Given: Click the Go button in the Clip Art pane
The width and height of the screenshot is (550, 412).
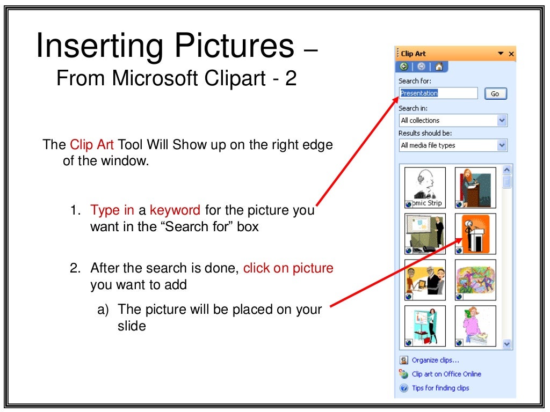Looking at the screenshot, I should pyautogui.click(x=495, y=94).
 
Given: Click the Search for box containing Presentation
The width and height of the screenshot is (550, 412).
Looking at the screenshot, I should pyautogui.click(x=438, y=93).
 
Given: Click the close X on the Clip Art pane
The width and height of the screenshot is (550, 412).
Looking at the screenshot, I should pyautogui.click(x=511, y=54).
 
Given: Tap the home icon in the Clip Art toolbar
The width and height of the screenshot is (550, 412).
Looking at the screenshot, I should pyautogui.click(x=439, y=67).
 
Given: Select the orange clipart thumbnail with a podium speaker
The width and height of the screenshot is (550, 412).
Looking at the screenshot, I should pyautogui.click(x=475, y=234).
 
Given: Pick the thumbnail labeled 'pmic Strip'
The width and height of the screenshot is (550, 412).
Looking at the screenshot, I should pyautogui.click(x=425, y=188).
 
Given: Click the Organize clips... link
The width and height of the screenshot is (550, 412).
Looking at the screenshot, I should pyautogui.click(x=435, y=360).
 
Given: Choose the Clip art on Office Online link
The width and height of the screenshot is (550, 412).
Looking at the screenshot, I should pyautogui.click(x=446, y=374).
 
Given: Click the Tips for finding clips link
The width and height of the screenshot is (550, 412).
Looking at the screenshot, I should pyautogui.click(x=440, y=388).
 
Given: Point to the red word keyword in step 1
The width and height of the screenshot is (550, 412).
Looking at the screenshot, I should pyautogui.click(x=175, y=210).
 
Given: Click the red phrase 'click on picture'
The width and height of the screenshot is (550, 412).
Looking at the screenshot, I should pyautogui.click(x=288, y=268).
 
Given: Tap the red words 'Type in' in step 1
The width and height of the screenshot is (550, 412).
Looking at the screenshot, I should pyautogui.click(x=113, y=210).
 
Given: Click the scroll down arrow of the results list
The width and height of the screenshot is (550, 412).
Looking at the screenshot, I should pyautogui.click(x=507, y=344).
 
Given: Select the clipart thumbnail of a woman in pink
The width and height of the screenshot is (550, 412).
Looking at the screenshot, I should pyautogui.click(x=475, y=326).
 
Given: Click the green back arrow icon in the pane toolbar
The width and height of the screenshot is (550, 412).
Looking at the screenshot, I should pyautogui.click(x=404, y=67).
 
